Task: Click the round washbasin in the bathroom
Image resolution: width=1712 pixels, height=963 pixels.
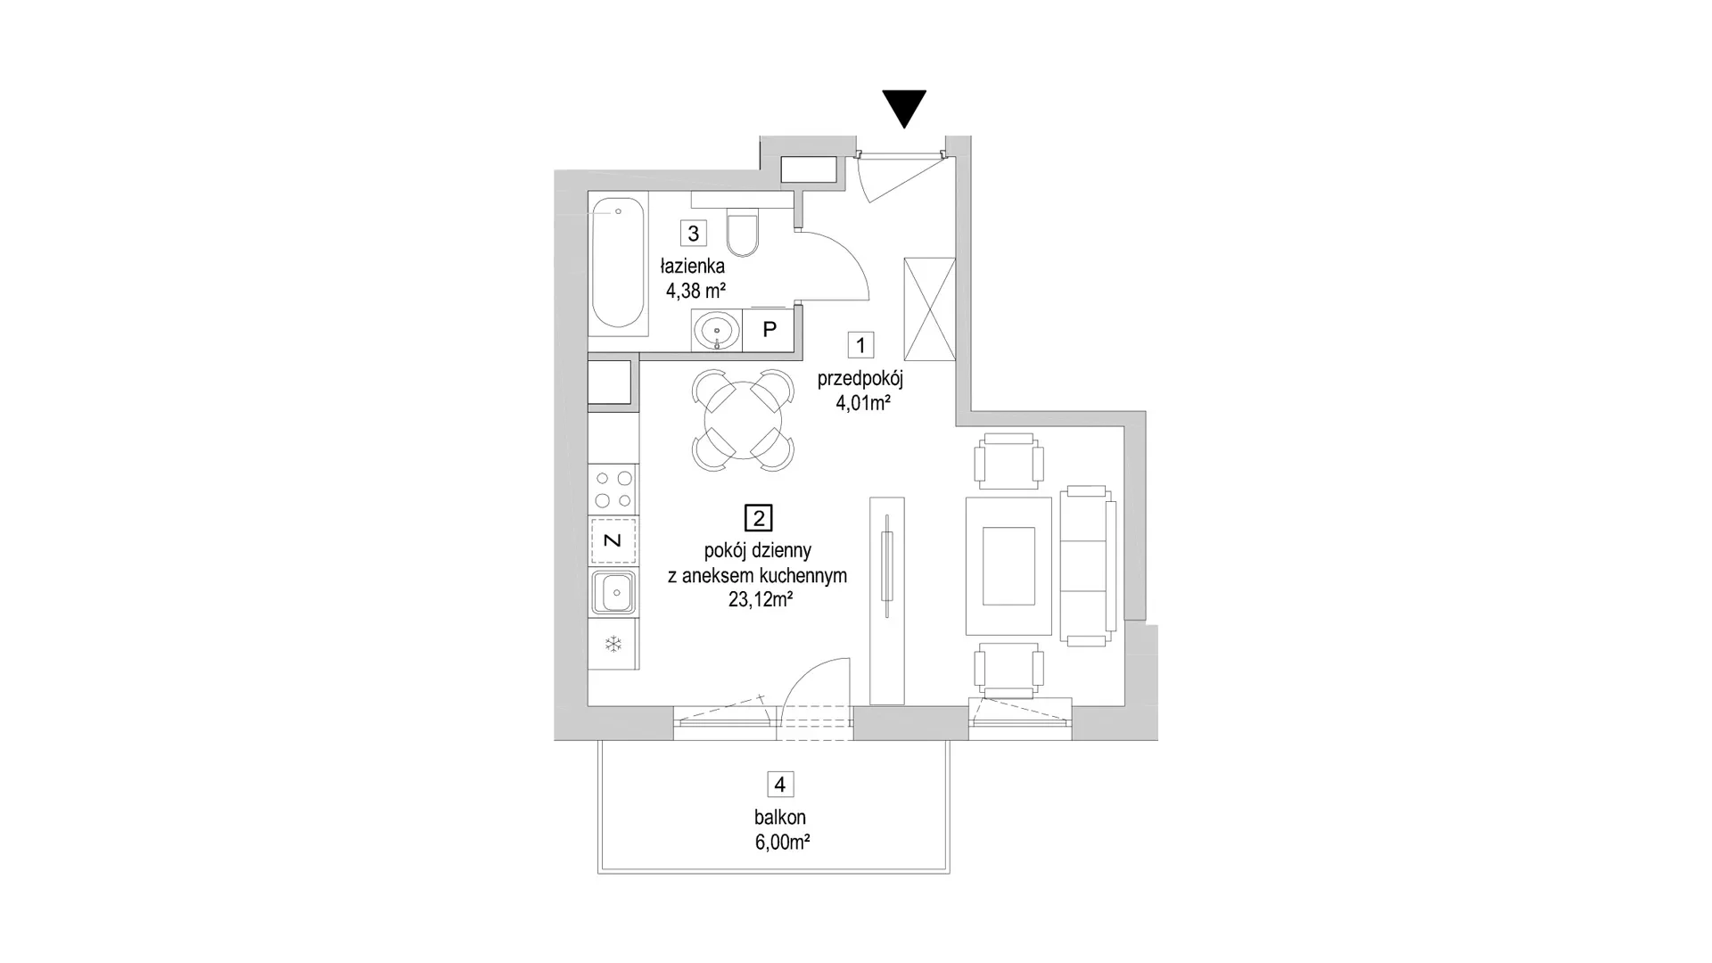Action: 717,330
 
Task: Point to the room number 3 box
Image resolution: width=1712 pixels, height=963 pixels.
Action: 693,233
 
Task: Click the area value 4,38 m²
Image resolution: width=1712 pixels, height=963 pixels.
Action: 695,290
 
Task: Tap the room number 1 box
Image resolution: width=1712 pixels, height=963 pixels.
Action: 860,345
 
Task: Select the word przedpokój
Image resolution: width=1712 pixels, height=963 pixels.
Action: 860,379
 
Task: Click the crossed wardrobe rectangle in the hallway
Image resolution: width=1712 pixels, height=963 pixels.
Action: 929,309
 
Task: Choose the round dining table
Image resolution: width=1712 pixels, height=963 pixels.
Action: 744,420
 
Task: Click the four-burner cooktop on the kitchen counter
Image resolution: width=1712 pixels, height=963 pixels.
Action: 613,490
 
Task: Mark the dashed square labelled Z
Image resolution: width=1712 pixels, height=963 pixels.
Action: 613,540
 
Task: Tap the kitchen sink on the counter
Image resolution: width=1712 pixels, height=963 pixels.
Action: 613,593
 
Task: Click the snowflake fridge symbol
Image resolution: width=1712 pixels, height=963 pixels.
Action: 613,644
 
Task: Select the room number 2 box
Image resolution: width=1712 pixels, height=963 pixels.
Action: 759,518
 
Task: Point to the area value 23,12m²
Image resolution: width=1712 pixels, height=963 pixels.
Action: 761,600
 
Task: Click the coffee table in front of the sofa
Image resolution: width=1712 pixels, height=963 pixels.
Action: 1008,566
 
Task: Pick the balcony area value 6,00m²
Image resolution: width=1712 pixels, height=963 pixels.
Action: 782,842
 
